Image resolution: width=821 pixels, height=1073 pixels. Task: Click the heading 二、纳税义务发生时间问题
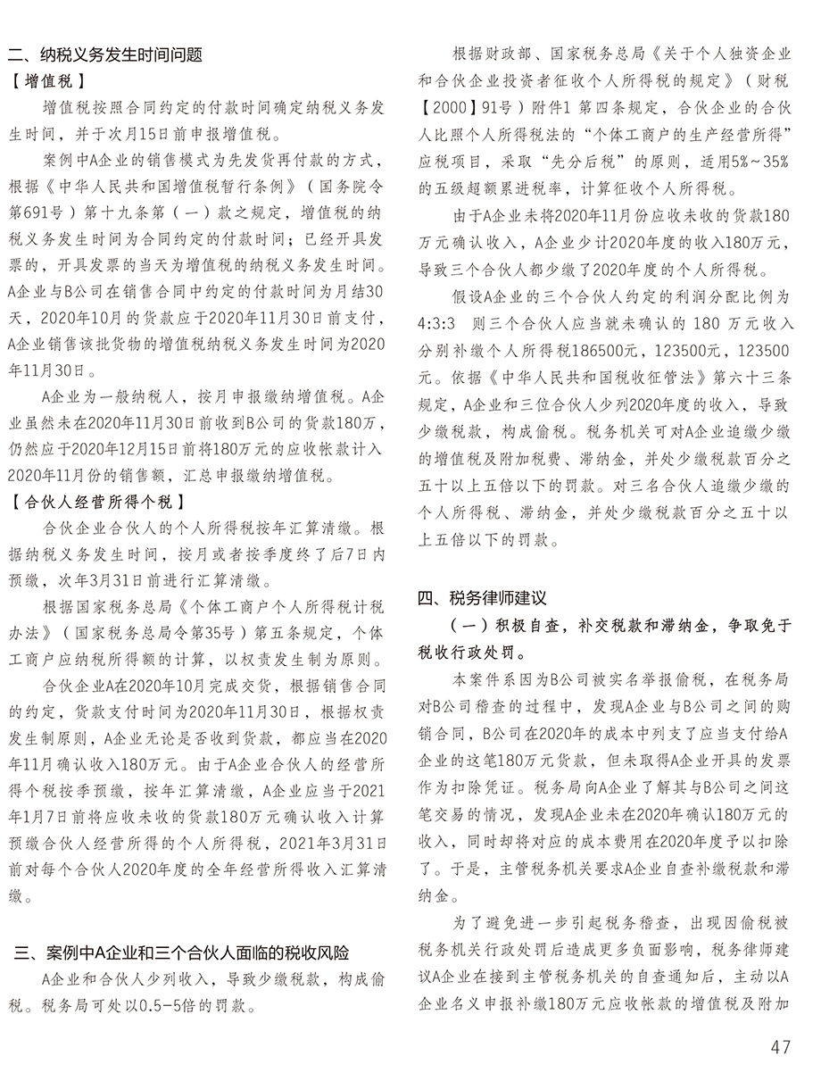[x=105, y=55]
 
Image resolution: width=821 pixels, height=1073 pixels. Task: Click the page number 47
[x=781, y=1045]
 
